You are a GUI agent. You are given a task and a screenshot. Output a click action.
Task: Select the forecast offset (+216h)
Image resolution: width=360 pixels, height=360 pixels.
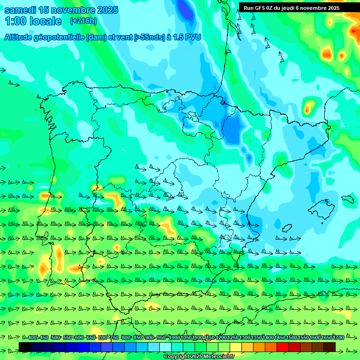[83, 21]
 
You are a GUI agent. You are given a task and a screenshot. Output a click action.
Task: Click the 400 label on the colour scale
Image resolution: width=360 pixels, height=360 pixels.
[32, 337]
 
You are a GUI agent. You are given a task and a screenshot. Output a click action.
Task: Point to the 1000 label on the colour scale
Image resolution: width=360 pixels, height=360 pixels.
[174, 337]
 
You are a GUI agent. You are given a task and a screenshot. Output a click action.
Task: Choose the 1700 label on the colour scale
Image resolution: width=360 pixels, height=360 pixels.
[338, 337]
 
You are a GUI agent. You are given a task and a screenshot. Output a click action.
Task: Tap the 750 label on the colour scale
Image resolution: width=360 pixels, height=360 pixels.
[114, 337]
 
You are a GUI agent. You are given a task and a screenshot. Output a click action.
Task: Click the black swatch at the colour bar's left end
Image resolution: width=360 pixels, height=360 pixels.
[25, 347]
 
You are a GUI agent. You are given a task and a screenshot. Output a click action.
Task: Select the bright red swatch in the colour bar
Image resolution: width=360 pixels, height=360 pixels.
[283, 347]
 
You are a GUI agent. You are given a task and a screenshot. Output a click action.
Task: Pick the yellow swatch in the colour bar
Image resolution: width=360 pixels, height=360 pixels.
[236, 347]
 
